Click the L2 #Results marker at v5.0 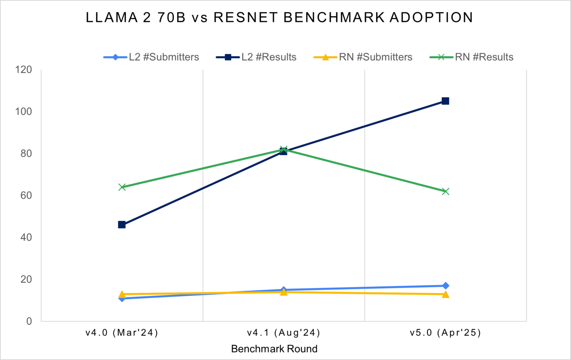tap(445, 101)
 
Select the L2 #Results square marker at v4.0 tap(122, 225)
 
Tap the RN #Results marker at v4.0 tap(122, 187)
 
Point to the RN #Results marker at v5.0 tap(445, 191)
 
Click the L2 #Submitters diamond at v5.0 tap(445, 286)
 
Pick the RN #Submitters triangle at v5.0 tap(445, 295)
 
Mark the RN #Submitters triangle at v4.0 tap(122, 295)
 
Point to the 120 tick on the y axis tap(23, 69)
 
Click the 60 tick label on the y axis tap(26, 195)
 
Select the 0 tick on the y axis tap(29, 321)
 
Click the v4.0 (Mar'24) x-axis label tap(122, 333)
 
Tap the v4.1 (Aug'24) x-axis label tap(284, 333)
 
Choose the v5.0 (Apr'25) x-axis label tap(445, 333)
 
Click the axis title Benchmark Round tap(274, 349)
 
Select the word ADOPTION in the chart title tap(431, 17)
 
